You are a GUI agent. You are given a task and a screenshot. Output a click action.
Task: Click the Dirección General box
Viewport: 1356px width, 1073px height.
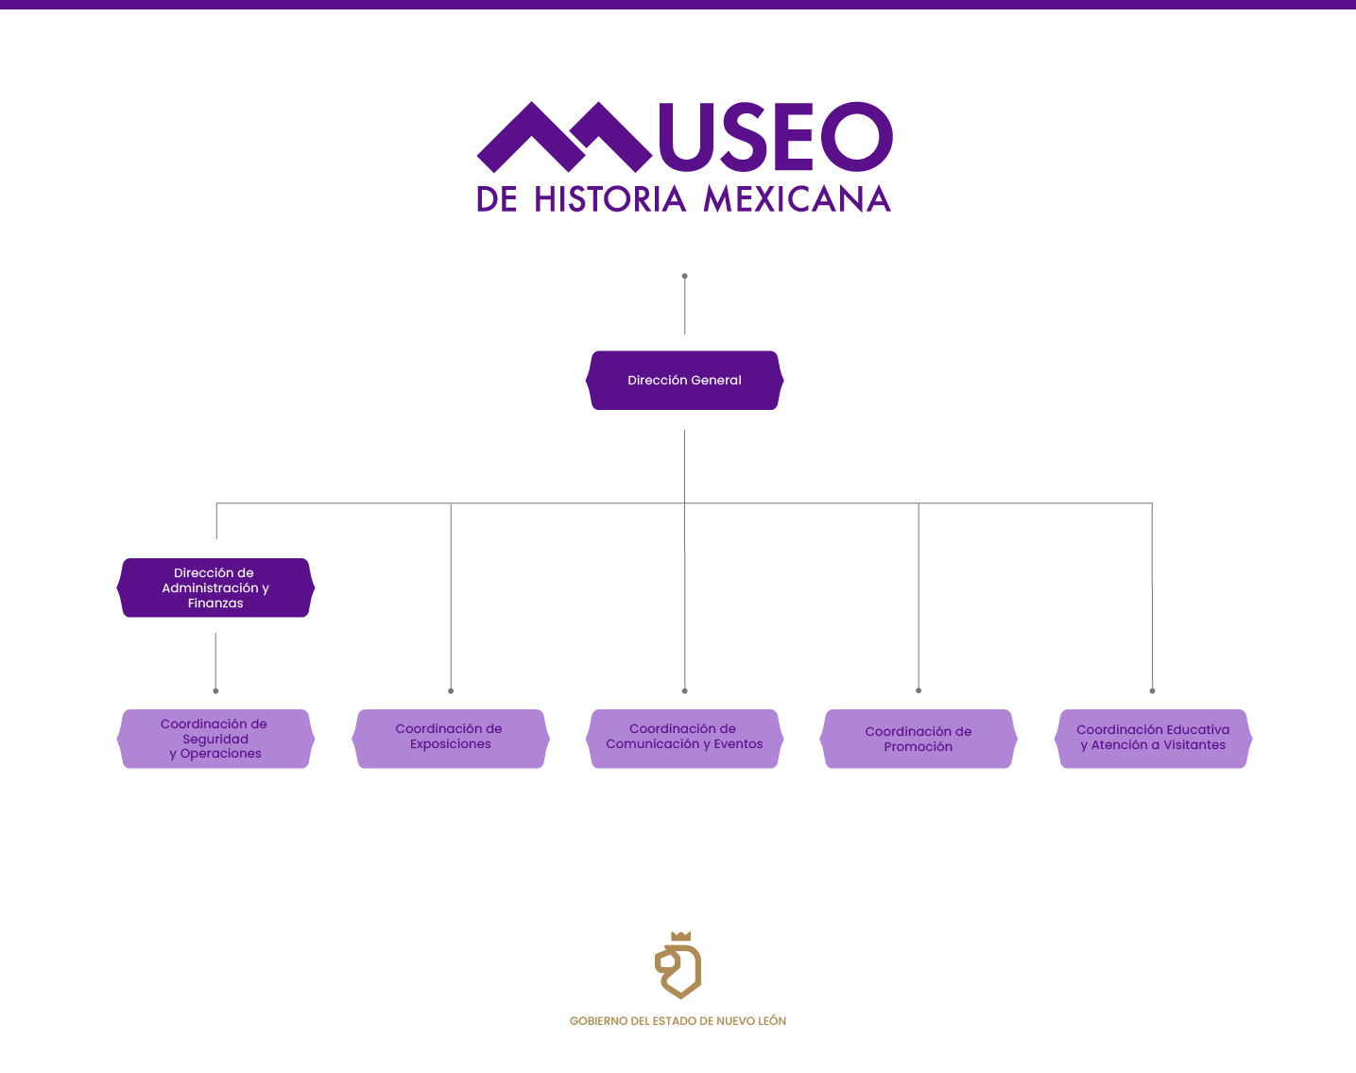pos(684,381)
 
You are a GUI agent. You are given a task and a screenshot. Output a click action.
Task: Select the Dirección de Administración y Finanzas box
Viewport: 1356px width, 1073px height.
pos(215,588)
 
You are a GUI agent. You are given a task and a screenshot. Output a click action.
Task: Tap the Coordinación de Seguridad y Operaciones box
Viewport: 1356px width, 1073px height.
pos(215,739)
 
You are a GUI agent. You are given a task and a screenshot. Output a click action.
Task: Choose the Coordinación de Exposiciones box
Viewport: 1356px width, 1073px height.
pos(450,739)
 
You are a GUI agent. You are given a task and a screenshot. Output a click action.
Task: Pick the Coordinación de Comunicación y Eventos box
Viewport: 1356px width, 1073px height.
pos(684,739)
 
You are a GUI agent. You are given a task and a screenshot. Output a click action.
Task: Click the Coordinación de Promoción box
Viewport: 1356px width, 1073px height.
pos(918,739)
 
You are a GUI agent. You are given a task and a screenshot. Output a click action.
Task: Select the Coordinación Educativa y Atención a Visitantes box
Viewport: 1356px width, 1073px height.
pos(1153,739)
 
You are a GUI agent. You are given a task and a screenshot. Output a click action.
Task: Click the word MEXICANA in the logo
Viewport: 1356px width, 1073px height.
pos(797,199)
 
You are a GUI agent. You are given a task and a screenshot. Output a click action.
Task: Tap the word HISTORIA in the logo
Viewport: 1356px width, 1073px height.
pos(609,199)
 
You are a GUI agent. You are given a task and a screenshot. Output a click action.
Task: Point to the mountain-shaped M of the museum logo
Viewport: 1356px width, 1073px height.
pos(564,137)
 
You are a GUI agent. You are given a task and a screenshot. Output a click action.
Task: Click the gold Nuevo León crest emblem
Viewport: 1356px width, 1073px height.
pos(678,966)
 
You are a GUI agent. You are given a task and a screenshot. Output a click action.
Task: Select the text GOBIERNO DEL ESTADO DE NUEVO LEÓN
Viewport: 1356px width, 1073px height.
pos(678,1021)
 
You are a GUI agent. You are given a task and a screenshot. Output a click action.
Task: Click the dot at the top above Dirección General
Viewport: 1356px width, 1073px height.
pos(685,277)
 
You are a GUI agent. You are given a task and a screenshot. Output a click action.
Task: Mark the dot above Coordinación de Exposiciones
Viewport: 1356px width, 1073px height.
pos(451,690)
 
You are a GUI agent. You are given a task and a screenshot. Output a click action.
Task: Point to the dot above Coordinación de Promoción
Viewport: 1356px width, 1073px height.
pos(918,690)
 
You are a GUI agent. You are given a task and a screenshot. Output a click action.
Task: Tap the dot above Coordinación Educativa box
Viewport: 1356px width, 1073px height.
pos(1152,690)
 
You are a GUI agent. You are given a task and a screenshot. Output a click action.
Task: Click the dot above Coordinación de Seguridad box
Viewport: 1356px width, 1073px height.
pos(215,690)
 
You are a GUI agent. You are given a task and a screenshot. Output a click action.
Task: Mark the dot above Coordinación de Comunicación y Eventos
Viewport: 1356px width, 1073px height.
pos(685,690)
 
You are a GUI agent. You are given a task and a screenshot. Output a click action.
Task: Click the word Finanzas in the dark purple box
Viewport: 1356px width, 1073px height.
pos(215,604)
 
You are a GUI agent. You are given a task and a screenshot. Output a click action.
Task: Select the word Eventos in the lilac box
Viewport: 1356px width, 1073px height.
pos(738,744)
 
